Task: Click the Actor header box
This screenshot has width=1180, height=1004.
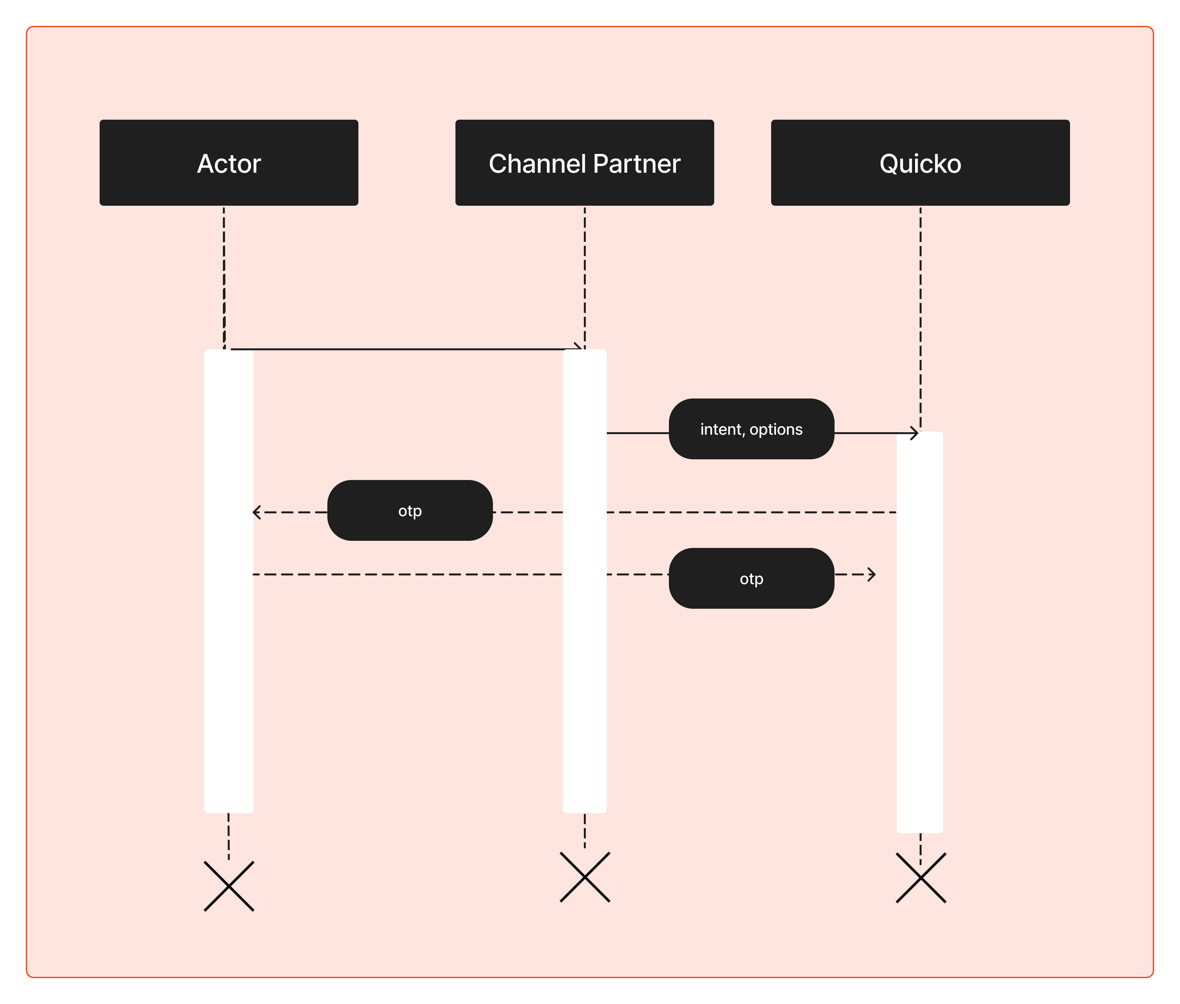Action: tap(229, 163)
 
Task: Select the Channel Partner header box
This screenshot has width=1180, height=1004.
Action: tap(585, 163)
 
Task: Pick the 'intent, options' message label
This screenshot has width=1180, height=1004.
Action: tap(751, 429)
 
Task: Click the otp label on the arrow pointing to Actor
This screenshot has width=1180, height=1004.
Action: tap(410, 510)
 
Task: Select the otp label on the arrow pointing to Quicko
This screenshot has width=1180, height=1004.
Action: tap(751, 579)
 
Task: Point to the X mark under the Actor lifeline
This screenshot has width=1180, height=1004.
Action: tap(229, 886)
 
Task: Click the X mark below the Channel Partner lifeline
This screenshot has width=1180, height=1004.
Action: tap(585, 877)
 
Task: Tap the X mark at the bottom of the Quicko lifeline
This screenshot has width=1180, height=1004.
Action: tap(921, 878)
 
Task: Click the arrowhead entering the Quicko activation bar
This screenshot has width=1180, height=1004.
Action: tap(915, 433)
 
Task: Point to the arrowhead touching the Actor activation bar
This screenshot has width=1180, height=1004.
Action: tap(256, 512)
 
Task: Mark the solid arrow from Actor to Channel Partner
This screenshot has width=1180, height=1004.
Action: tap(404, 349)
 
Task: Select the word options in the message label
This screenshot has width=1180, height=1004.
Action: tap(776, 430)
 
